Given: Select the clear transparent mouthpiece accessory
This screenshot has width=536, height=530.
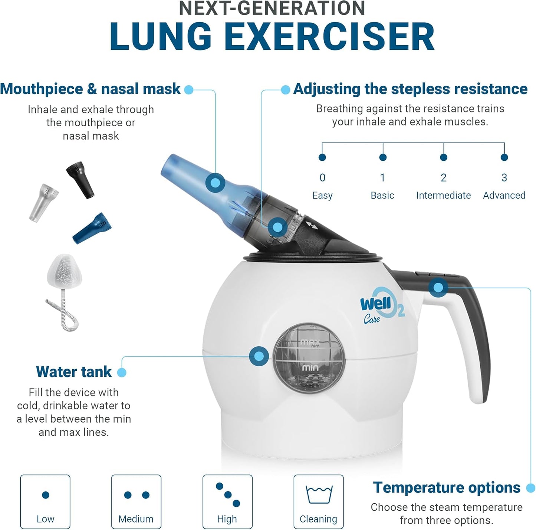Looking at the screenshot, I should (x=43, y=202).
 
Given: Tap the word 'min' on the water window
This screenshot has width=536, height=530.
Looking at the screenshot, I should (x=310, y=367).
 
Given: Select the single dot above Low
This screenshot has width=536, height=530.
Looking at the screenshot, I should (x=46, y=495).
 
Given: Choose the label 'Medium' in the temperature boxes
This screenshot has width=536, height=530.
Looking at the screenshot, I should (x=136, y=519).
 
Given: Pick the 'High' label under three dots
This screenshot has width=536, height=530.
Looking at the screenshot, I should (x=227, y=519).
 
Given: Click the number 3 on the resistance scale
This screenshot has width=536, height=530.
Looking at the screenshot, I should (x=504, y=178).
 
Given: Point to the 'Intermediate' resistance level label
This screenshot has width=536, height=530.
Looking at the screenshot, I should (x=443, y=195).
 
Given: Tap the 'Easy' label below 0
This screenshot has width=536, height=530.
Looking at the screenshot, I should (x=322, y=195).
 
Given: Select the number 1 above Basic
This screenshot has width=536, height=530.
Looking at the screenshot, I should (x=382, y=178).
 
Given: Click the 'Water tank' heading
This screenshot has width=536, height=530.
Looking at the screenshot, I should (x=74, y=372).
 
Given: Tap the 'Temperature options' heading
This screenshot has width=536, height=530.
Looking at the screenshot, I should (x=447, y=487).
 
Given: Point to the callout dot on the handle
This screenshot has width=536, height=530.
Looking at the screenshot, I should (x=438, y=287).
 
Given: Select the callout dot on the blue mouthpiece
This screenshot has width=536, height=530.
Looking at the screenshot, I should (x=215, y=183).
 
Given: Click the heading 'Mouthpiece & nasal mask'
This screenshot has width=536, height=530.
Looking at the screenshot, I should (x=90, y=89).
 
